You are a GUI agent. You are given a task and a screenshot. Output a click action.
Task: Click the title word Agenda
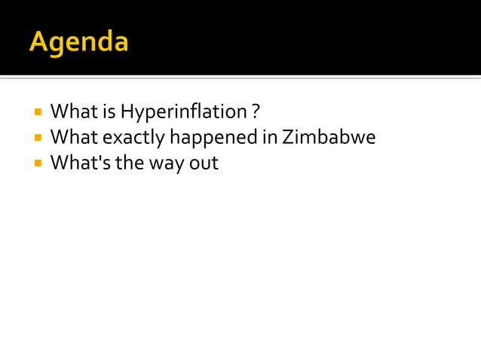point(78,41)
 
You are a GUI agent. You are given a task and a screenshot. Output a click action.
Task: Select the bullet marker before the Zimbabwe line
point(37,138)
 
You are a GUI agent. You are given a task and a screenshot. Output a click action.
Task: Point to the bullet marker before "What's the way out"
point(37,163)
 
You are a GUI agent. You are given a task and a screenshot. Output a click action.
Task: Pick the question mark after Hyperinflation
point(256,112)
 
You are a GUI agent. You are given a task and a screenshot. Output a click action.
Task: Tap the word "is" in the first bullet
point(109,112)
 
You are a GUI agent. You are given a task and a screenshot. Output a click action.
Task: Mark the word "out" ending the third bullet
point(204,162)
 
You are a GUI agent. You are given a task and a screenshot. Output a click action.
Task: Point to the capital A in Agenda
point(38,41)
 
